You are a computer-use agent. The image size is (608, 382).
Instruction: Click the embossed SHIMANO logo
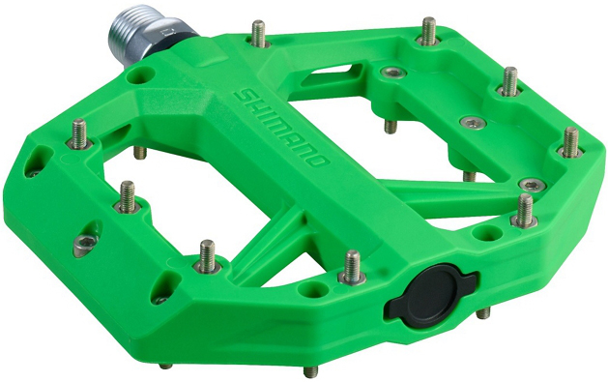click(280, 126)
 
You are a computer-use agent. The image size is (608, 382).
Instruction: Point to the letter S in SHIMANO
click(243, 97)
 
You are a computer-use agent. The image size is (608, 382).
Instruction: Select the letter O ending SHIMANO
click(319, 159)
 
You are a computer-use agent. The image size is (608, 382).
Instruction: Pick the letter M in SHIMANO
click(273, 124)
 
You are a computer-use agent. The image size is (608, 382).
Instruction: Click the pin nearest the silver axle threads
click(258, 34)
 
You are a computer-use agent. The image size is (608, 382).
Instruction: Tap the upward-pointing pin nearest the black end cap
click(352, 267)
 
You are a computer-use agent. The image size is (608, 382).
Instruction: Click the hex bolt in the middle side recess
click(86, 243)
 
